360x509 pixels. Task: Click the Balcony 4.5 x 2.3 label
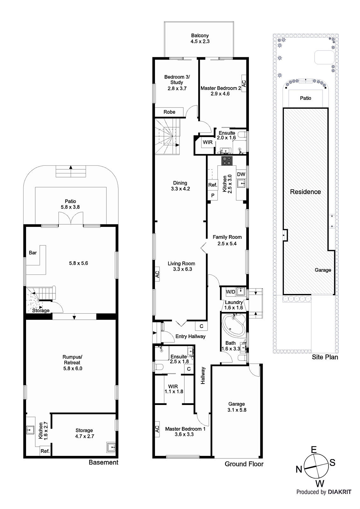tap(200, 38)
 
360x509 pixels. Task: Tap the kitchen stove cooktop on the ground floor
tap(227, 161)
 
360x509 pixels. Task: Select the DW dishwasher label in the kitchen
tap(241, 174)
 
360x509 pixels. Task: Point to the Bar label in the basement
tap(33, 253)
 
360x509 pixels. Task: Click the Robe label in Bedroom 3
tap(169, 112)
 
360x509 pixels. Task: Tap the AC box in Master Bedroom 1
tap(157, 429)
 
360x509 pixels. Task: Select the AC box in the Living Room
tap(157, 274)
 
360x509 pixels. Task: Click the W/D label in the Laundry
tap(230, 292)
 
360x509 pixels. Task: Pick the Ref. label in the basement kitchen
tap(45, 451)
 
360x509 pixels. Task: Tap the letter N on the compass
tap(299, 469)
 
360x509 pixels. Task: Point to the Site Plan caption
tap(325, 357)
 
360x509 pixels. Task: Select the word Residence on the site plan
tap(306, 192)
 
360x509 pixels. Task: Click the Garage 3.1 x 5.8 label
tap(237, 407)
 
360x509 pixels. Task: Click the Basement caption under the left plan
tap(103, 463)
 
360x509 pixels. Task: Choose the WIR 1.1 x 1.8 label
tap(174, 389)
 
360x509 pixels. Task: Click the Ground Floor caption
tap(244, 464)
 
